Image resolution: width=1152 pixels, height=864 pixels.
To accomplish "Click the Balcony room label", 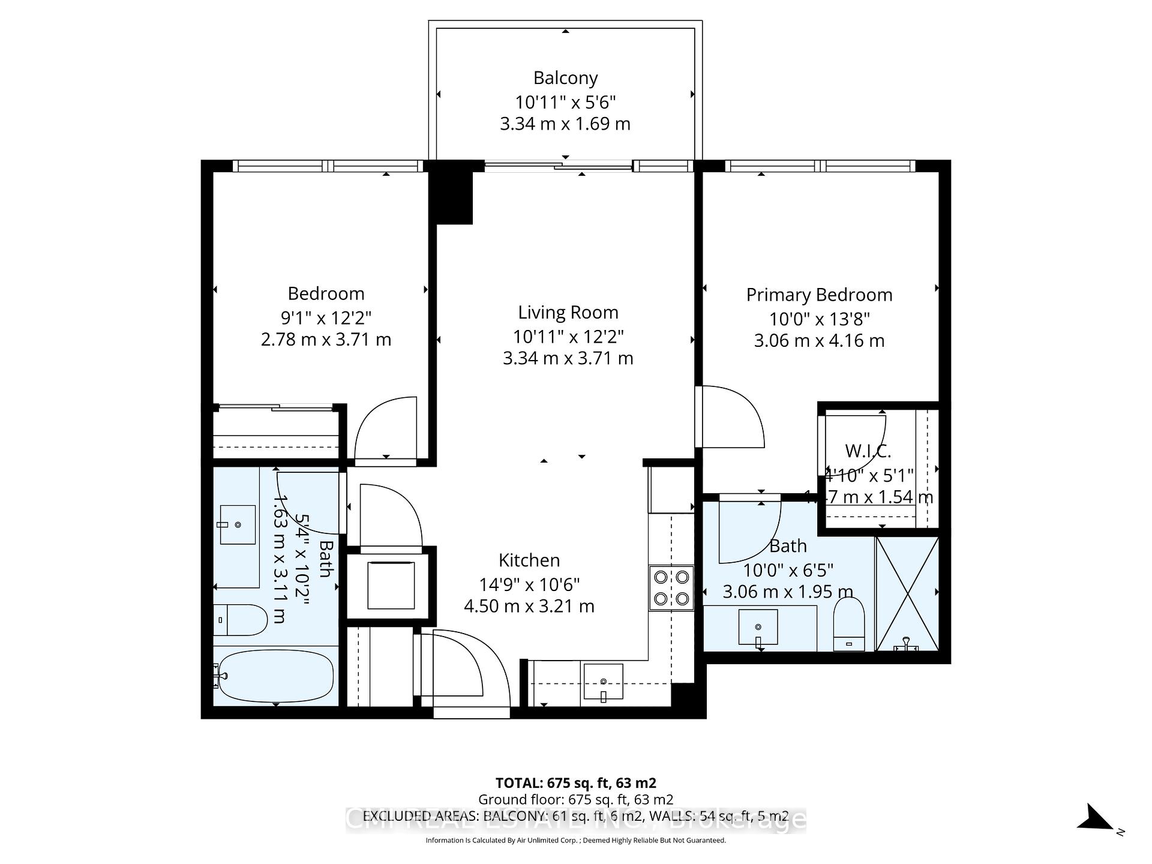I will point(565,78).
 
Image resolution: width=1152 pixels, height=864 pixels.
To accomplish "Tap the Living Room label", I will point(568,312).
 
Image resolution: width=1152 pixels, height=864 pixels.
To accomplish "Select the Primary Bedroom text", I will point(819,295).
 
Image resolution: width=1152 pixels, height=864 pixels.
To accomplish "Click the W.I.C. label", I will point(868,451).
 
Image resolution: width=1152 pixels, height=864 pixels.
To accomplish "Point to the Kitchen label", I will point(529,560).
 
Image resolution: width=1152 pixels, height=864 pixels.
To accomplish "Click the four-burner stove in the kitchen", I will point(671,587).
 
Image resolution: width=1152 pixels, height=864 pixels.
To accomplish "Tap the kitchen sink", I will point(603,682).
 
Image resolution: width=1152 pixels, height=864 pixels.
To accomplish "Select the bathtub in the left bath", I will point(275,676).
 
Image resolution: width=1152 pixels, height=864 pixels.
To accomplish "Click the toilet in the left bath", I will point(240,620).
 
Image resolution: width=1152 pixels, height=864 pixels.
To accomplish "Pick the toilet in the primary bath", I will point(849,624).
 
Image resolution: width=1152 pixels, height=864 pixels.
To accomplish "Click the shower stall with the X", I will point(907,593).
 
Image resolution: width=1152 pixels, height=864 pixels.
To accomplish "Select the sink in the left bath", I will point(238,524).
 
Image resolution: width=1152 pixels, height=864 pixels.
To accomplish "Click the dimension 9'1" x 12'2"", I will point(326,317).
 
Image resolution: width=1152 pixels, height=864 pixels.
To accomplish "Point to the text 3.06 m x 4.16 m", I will point(819,340).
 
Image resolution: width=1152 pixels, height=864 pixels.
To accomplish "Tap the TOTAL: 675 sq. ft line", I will point(575,782).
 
